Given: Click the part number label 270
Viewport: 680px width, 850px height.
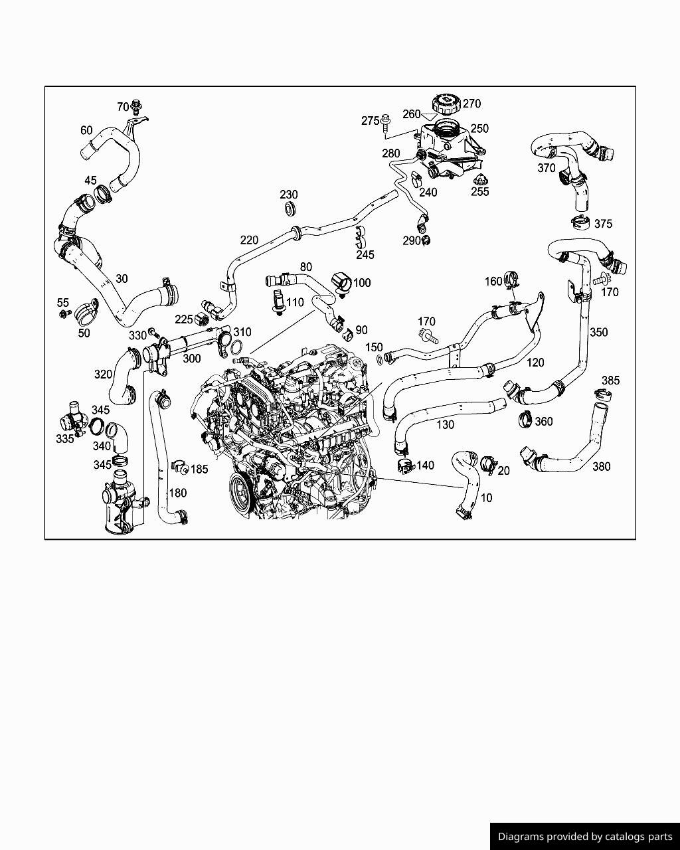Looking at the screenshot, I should [471, 104].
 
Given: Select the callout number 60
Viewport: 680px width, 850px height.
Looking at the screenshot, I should [86, 130].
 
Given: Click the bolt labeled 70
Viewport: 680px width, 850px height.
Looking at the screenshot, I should [137, 106].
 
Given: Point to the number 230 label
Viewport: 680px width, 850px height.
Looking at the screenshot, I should [288, 195].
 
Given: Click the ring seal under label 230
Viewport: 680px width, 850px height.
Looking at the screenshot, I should [290, 210].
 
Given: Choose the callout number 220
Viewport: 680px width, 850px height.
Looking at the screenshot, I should [249, 240].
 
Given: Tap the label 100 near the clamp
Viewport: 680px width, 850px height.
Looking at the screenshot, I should [362, 283].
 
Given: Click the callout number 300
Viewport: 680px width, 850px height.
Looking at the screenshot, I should [191, 359].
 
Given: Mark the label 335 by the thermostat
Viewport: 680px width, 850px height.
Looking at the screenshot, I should [65, 439].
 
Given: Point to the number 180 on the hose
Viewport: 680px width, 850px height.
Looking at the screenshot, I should [177, 493].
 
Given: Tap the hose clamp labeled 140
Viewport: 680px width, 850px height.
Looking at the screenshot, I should [403, 465].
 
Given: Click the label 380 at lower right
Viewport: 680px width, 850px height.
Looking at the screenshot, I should [601, 467].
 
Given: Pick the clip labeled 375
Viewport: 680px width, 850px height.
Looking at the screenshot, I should [580, 222].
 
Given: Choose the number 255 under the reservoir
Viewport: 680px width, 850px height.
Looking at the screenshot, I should [479, 192].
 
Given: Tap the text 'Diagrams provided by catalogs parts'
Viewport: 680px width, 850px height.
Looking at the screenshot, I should [585, 836].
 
